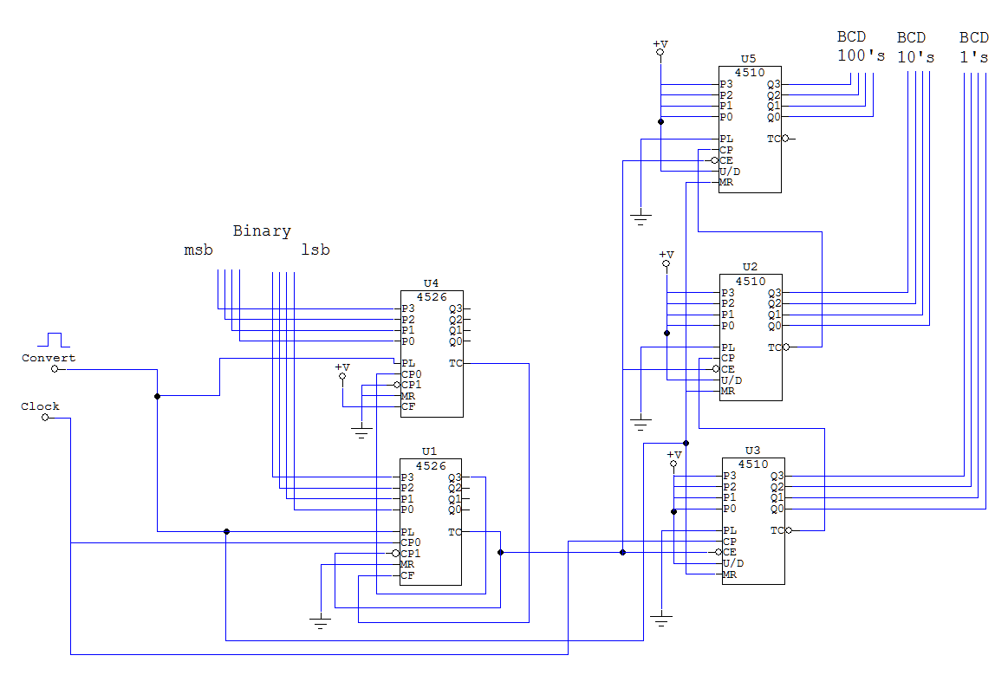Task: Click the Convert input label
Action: click(49, 358)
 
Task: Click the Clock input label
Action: click(40, 406)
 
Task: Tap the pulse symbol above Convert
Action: click(54, 340)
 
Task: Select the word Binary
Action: click(262, 231)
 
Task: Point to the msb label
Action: click(198, 250)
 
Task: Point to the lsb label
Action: click(315, 250)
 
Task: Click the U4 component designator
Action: click(431, 282)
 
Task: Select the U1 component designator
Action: click(429, 451)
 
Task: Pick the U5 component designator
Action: click(748, 59)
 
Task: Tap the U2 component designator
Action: click(750, 267)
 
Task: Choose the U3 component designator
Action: click(752, 451)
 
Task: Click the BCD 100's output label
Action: click(861, 46)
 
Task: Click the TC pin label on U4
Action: click(455, 363)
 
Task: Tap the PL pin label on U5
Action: click(725, 139)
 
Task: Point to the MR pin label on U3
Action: click(729, 574)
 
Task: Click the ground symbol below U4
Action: click(361, 432)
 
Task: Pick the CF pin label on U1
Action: click(407, 575)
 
